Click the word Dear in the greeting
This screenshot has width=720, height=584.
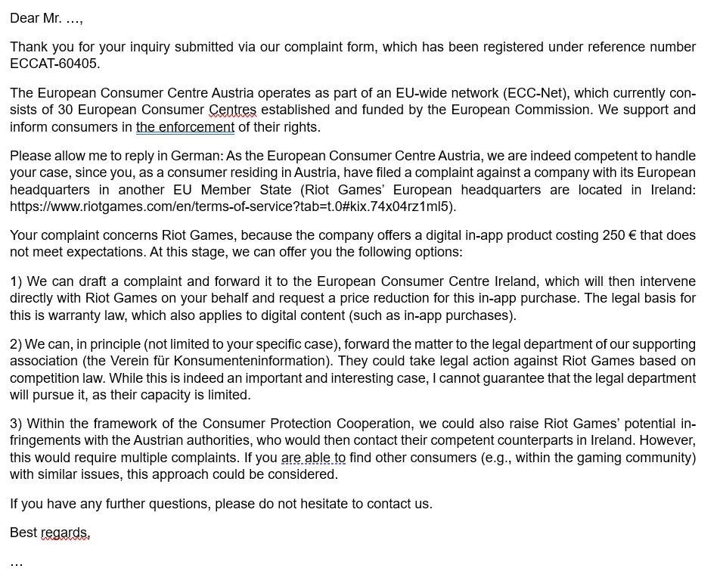pyautogui.click(x=24, y=18)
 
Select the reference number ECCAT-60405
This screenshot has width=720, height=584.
pyautogui.click(x=54, y=64)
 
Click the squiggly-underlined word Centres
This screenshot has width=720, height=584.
pyautogui.click(x=232, y=110)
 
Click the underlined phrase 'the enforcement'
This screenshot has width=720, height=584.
pyautogui.click(x=185, y=127)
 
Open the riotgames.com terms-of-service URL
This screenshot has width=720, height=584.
pyautogui.click(x=232, y=207)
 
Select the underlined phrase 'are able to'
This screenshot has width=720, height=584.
pyautogui.click(x=313, y=458)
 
